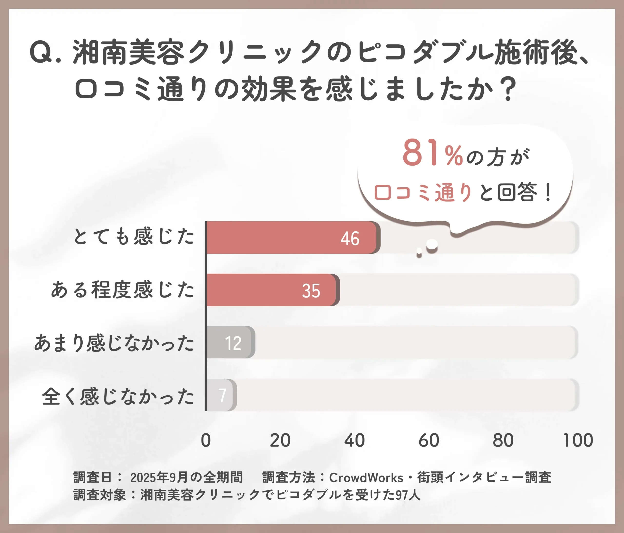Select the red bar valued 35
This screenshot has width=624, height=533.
(x=271, y=290)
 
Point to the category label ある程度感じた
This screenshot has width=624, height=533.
(x=123, y=290)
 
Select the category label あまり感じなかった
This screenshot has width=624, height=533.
(x=114, y=343)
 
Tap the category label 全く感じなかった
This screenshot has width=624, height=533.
(x=118, y=396)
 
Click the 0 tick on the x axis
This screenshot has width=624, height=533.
(x=206, y=440)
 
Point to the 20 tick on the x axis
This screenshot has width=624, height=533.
(x=280, y=440)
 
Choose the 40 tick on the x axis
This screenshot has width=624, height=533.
(x=354, y=440)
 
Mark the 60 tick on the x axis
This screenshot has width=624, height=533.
(x=429, y=440)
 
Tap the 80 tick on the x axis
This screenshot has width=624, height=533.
(x=503, y=440)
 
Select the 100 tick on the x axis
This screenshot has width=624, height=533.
(x=578, y=440)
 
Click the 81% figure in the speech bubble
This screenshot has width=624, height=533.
(x=432, y=153)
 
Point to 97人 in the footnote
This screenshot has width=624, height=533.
(x=408, y=495)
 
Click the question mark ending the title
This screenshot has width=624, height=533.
(x=509, y=89)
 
